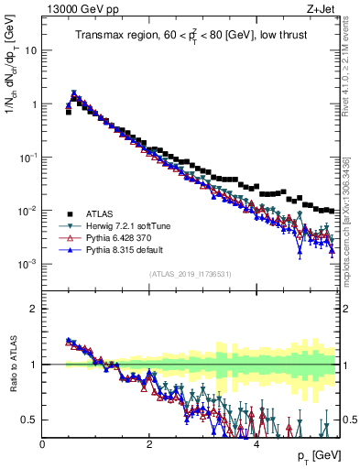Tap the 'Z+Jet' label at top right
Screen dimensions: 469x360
324,8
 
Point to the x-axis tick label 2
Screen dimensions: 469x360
149,443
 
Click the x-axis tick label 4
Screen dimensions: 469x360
256,443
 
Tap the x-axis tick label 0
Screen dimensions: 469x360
42,443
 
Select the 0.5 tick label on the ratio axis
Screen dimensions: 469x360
28,420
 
